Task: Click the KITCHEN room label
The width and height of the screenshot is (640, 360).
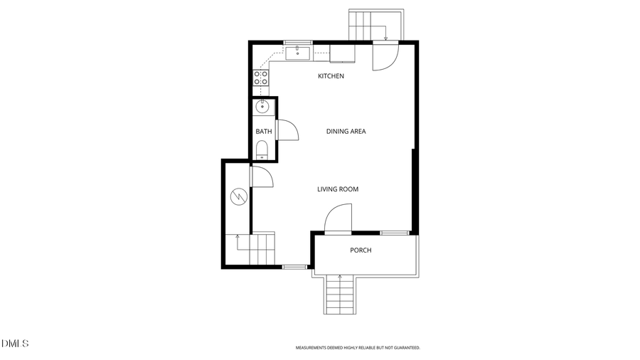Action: click(x=331, y=76)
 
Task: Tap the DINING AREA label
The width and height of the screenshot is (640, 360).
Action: click(x=346, y=132)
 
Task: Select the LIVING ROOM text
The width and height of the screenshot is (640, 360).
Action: click(x=337, y=189)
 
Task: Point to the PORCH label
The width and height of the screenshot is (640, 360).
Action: click(x=361, y=250)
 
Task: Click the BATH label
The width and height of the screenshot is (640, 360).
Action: click(x=264, y=132)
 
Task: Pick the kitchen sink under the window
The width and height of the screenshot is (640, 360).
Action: click(x=298, y=53)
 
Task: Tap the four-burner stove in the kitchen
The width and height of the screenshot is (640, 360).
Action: click(x=261, y=78)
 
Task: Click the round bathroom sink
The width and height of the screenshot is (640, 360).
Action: click(x=262, y=107)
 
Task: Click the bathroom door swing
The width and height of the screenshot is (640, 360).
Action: click(x=286, y=130)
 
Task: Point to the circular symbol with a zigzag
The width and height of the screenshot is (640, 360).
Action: click(x=239, y=195)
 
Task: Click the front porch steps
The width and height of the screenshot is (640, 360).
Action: click(x=340, y=295)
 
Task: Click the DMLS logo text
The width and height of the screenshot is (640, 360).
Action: click(x=15, y=344)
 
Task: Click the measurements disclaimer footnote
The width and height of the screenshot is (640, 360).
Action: click(x=358, y=348)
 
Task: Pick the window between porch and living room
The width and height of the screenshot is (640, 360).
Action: click(x=394, y=233)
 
